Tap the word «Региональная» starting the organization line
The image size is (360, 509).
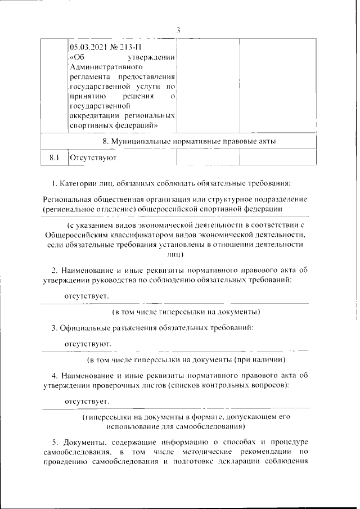point(70,200)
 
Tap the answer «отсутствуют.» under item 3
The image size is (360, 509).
point(87,343)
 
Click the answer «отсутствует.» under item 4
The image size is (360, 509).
point(86,402)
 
